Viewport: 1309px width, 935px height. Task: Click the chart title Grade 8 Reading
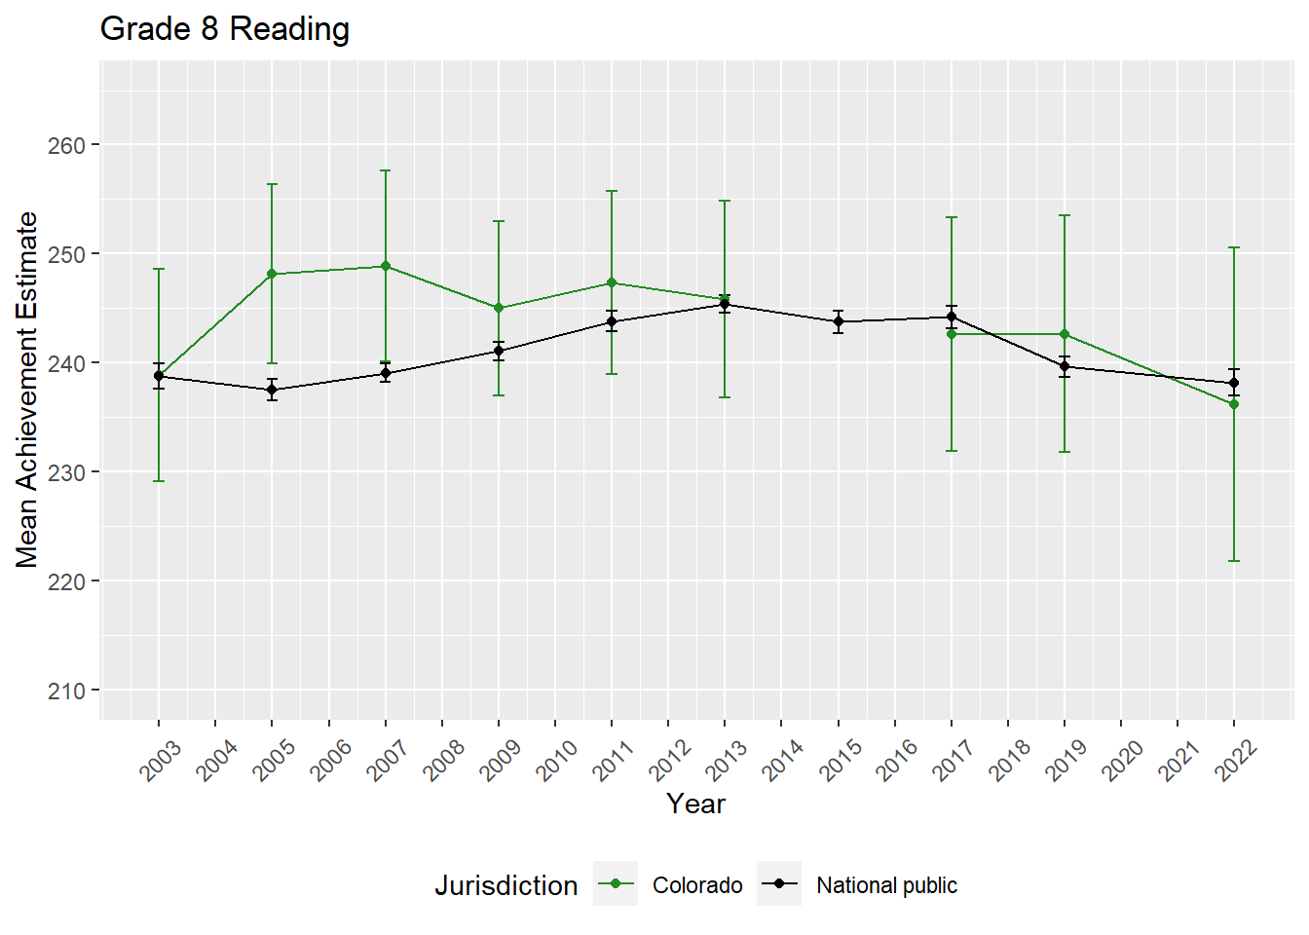[225, 29]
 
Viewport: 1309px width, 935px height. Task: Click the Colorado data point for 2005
[272, 274]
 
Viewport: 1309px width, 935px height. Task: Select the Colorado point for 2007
[386, 266]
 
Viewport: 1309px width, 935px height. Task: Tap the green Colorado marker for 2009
[499, 308]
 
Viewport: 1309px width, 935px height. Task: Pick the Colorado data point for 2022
[1234, 404]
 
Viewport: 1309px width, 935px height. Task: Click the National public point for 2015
[839, 321]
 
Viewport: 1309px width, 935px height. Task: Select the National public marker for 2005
[272, 390]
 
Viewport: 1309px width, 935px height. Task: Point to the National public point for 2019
[1065, 366]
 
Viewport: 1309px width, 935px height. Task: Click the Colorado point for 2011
[612, 282]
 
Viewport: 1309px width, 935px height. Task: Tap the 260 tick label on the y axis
[66, 145]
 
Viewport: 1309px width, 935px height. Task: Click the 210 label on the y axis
[66, 691]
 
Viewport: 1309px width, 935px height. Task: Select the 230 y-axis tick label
[66, 472]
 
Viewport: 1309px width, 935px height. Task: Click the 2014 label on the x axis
[784, 761]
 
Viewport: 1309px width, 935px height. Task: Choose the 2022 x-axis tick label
[1237, 761]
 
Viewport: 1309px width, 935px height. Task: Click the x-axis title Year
[695, 804]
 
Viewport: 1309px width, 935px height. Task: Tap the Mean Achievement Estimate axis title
[27, 390]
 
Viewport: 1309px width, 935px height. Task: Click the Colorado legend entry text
[697, 885]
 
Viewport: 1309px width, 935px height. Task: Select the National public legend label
[886, 885]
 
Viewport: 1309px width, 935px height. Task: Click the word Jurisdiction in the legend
[505, 885]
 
